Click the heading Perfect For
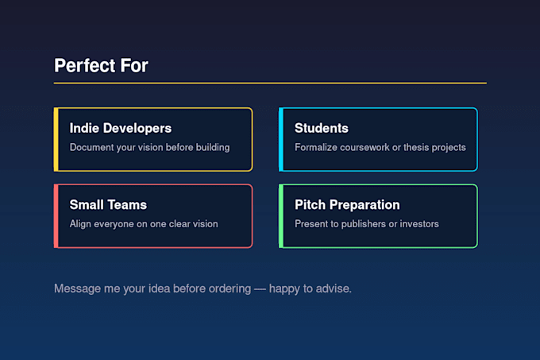click(x=101, y=65)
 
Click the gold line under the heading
click(x=270, y=83)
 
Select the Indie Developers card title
click(x=121, y=128)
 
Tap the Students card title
click(x=322, y=128)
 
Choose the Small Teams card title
click(x=108, y=204)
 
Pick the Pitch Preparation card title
click(x=347, y=204)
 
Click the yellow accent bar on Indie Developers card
click(x=56, y=140)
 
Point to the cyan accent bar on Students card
click(x=281, y=140)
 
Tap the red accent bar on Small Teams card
click(x=56, y=216)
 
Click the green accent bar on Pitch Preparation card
click(x=281, y=216)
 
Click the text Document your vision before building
click(x=149, y=148)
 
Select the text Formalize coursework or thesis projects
click(x=380, y=148)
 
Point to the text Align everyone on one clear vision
click(x=144, y=224)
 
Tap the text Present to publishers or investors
click(x=367, y=224)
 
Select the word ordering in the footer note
click(x=229, y=288)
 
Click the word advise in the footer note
click(x=333, y=288)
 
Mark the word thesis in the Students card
click(x=416, y=148)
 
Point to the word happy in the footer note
click(x=284, y=288)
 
